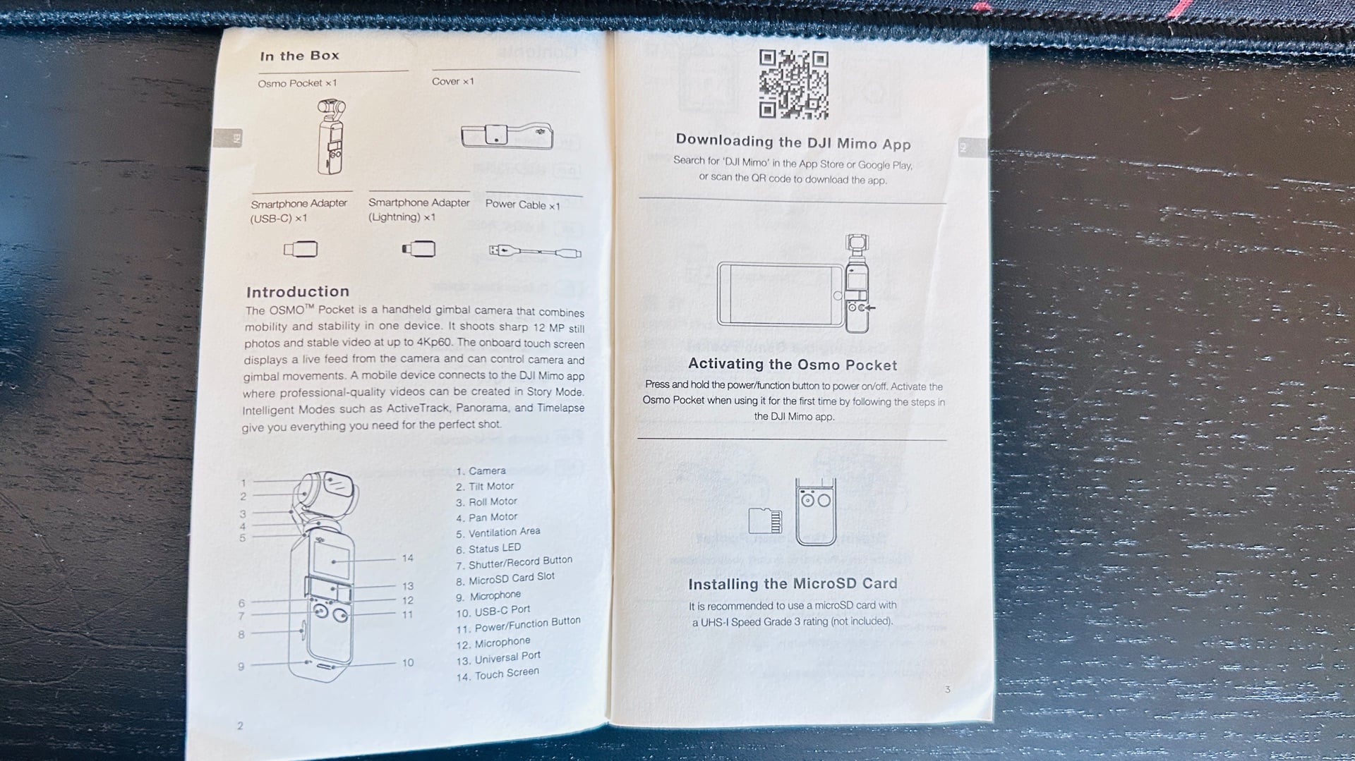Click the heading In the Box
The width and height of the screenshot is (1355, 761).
click(299, 56)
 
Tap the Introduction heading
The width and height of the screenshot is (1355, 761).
click(297, 291)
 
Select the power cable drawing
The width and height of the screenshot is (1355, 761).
click(535, 251)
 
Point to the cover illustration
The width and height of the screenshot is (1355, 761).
click(507, 135)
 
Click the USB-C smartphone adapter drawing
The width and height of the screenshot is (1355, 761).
click(300, 249)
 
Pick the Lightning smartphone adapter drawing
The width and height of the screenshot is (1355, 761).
click(418, 249)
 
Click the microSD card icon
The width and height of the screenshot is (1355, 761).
click(765, 520)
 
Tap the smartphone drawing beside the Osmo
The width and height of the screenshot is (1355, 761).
click(781, 294)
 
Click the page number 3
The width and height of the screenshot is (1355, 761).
click(947, 689)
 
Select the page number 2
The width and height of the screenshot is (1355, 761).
click(240, 725)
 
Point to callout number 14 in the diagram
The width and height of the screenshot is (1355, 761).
click(407, 558)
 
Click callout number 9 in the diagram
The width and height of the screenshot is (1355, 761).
click(241, 666)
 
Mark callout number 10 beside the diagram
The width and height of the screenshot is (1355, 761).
click(407, 662)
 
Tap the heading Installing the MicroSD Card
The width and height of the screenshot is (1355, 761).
click(793, 584)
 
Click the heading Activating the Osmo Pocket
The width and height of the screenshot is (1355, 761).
click(793, 365)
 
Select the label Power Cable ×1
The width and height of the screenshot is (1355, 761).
click(522, 205)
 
